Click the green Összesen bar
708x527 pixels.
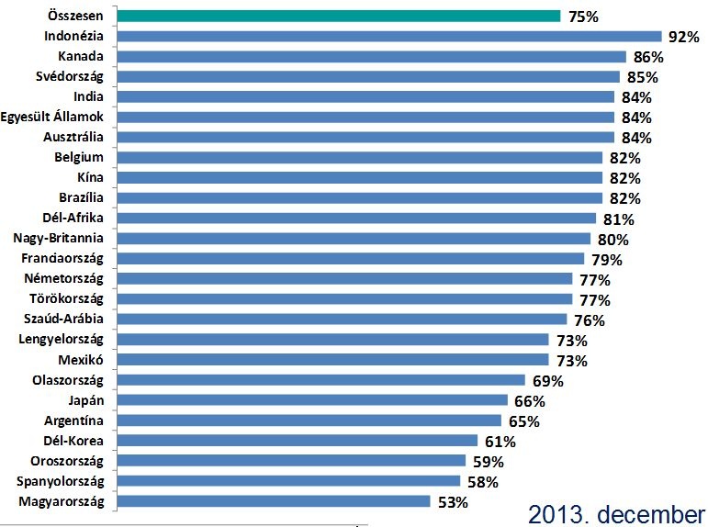point(340,16)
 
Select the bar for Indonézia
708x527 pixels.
point(390,37)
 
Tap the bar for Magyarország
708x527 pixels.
point(275,501)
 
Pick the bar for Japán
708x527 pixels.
point(313,400)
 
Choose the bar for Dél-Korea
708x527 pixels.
point(298,441)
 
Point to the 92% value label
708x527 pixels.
point(684,38)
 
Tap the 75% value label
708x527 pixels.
point(583,17)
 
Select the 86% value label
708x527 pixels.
point(648,57)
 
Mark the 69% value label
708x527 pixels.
point(547,381)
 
